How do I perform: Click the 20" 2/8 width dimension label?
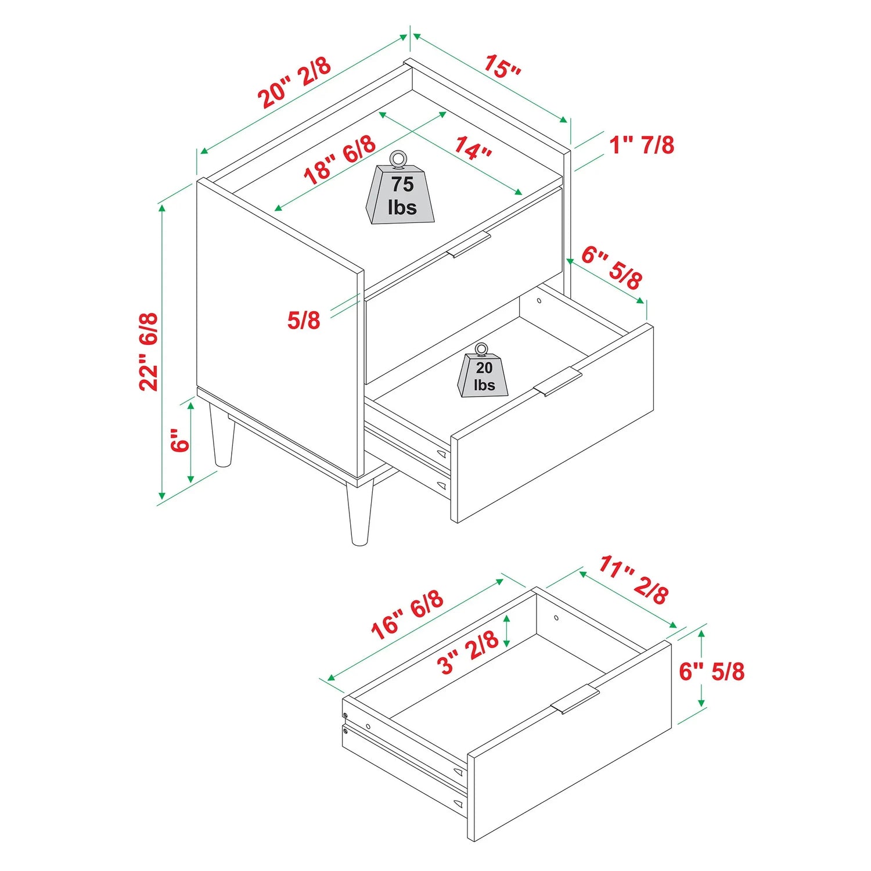coord(295,82)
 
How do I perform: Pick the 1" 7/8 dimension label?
coord(642,145)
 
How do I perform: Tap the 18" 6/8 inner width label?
coord(340,160)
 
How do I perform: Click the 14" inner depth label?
coord(473,147)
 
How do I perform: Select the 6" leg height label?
coord(181,441)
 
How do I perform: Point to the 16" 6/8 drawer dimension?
coord(408,615)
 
